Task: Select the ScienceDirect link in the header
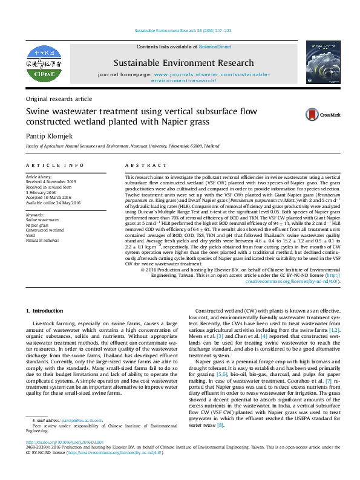tap(216, 47)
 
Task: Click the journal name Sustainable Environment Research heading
tap(183, 63)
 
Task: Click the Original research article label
tap(59, 99)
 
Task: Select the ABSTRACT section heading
tap(145, 165)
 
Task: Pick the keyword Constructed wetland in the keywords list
tap(44, 230)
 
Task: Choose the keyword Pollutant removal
tap(43, 240)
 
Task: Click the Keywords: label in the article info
tap(36, 215)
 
